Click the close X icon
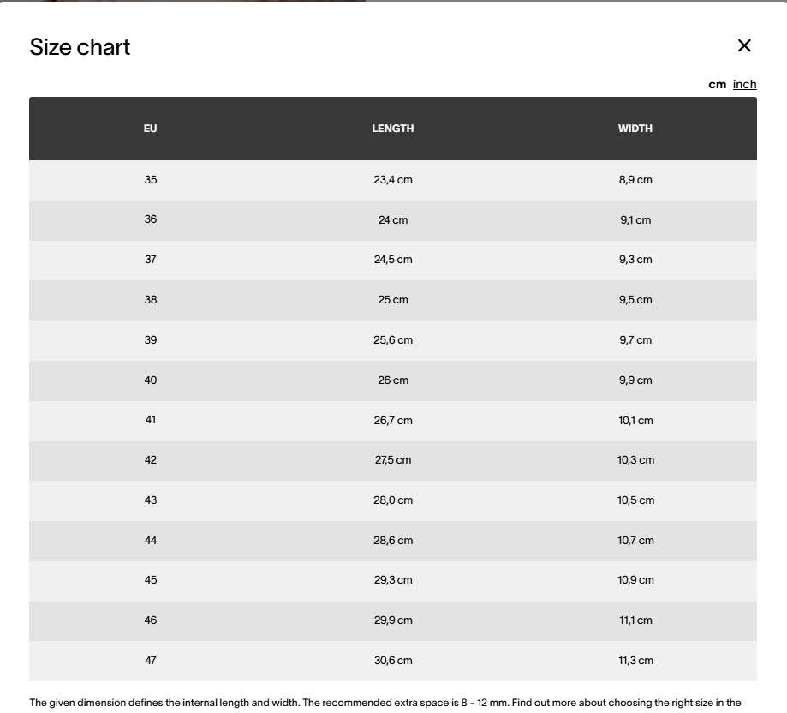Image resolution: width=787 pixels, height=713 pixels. coord(744,45)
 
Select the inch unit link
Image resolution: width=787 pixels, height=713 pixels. coord(744,84)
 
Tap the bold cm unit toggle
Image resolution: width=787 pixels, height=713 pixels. coord(717,84)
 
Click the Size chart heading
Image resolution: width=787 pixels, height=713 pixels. coord(80,47)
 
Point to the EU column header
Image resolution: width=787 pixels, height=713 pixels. coord(151,129)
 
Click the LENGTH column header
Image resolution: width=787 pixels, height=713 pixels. coord(393,129)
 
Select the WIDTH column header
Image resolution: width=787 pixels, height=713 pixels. coord(635,129)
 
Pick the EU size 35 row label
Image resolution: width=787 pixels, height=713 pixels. coord(151,180)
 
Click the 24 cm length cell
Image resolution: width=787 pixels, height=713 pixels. coord(393,220)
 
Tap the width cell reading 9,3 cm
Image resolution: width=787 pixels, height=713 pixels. coord(635,260)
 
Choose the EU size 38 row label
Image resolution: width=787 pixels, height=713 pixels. coord(151,300)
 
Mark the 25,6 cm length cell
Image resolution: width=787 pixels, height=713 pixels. coord(393,340)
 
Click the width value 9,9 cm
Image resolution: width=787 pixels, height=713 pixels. coord(635,380)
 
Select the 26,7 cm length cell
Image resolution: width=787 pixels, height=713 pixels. coord(393,421)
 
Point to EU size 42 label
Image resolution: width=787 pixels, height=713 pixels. coord(151,460)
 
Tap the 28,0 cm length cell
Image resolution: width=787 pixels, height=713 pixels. coord(393,500)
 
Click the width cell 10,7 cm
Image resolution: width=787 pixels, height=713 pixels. coord(635,541)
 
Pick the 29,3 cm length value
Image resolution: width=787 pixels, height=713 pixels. coord(393,580)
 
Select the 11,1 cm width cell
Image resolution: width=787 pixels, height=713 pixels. coord(635,620)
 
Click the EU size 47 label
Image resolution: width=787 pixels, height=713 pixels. coord(151,661)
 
